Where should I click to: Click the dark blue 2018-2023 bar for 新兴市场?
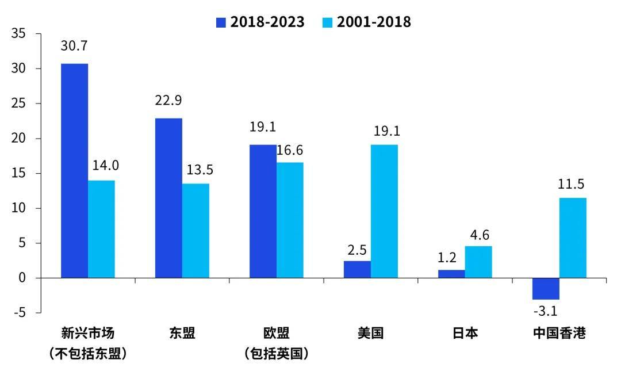click(74, 171)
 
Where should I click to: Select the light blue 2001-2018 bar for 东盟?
click(195, 231)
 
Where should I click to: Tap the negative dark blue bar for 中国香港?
click(546, 289)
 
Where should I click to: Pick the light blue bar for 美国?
click(384, 211)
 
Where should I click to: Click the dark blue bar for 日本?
click(451, 274)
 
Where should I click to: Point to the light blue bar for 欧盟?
click(290, 220)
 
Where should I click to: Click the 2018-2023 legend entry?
click(260, 22)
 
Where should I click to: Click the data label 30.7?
click(74, 46)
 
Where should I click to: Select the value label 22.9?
click(168, 101)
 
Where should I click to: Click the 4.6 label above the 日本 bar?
click(478, 235)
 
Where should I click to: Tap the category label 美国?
click(370, 333)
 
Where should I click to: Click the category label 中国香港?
click(559, 333)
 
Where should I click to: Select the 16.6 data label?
click(290, 150)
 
